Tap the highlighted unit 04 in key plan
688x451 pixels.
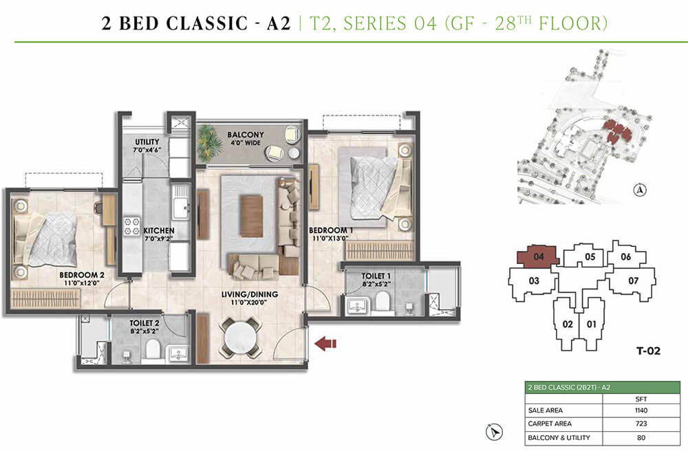(x=537, y=258)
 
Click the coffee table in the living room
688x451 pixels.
(x=252, y=215)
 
